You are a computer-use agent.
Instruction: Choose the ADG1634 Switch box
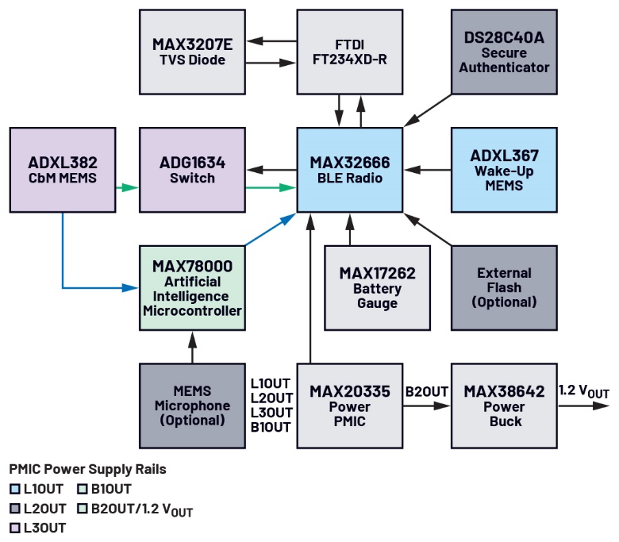190,170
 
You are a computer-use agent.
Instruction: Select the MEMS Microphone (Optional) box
190,405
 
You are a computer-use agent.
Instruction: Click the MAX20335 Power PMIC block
349,405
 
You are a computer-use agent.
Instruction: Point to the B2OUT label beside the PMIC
427,391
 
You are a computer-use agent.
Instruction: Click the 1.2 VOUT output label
584,391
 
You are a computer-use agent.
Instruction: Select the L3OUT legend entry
44,527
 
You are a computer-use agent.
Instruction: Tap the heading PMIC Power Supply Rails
87,469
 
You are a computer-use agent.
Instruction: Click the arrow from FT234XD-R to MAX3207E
270,41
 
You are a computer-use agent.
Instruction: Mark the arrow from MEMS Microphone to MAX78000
190,343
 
